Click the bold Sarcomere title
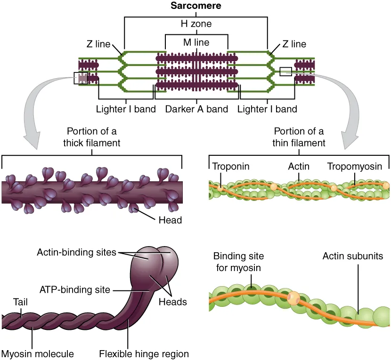coord(196,6)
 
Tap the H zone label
coord(196,23)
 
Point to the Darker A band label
coord(196,109)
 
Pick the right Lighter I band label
coord(267,109)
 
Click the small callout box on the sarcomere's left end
coord(81,78)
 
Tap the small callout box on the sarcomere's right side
coord(285,72)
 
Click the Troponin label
coord(230,167)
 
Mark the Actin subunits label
coord(353,256)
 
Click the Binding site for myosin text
coord(238,261)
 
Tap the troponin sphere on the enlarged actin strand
coord(294,298)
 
